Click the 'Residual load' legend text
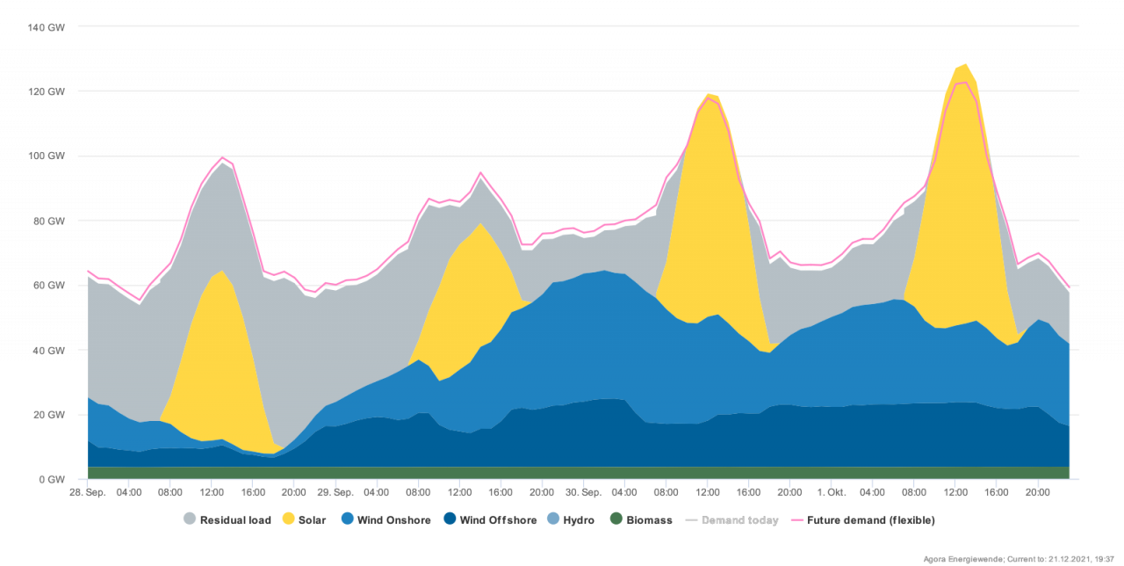[x=234, y=520]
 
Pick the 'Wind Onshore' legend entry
[x=393, y=520]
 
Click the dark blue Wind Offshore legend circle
[x=450, y=519]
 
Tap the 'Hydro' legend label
[x=579, y=520]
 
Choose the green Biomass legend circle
[x=616, y=519]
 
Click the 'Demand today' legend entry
[x=739, y=520]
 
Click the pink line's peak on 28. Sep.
[x=222, y=158]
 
